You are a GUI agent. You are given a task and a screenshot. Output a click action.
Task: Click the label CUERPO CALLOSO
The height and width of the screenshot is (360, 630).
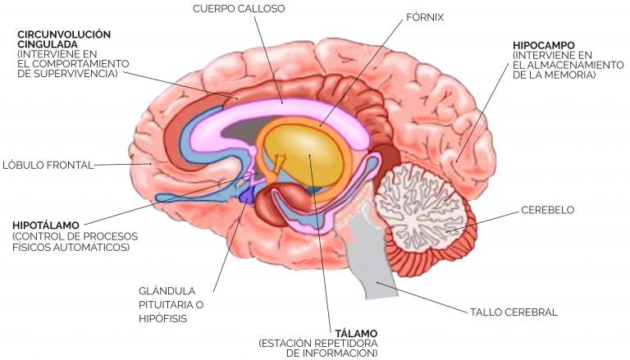[239, 9]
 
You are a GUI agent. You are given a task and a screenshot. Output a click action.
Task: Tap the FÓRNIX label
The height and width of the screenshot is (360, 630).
[425, 17]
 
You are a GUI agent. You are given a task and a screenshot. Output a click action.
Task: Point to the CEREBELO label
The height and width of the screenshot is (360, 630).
[548, 210]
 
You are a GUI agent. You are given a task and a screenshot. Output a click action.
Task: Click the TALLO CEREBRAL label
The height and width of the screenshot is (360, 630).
[514, 312]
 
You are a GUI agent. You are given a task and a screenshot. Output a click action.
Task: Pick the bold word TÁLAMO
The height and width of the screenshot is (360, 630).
[356, 334]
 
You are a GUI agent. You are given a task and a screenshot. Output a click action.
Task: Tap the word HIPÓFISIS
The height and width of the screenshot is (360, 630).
[162, 319]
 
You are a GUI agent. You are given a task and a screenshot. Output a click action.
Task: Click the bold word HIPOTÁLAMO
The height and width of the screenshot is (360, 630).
[46, 226]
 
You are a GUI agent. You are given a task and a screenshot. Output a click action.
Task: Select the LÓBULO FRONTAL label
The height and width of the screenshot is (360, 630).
[48, 165]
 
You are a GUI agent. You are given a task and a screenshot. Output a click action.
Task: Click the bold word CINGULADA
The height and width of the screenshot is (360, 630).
[48, 44]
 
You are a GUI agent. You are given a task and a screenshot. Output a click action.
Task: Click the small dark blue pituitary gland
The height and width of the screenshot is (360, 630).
[246, 195]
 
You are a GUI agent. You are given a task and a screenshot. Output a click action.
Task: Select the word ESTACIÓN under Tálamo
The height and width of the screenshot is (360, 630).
[285, 344]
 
